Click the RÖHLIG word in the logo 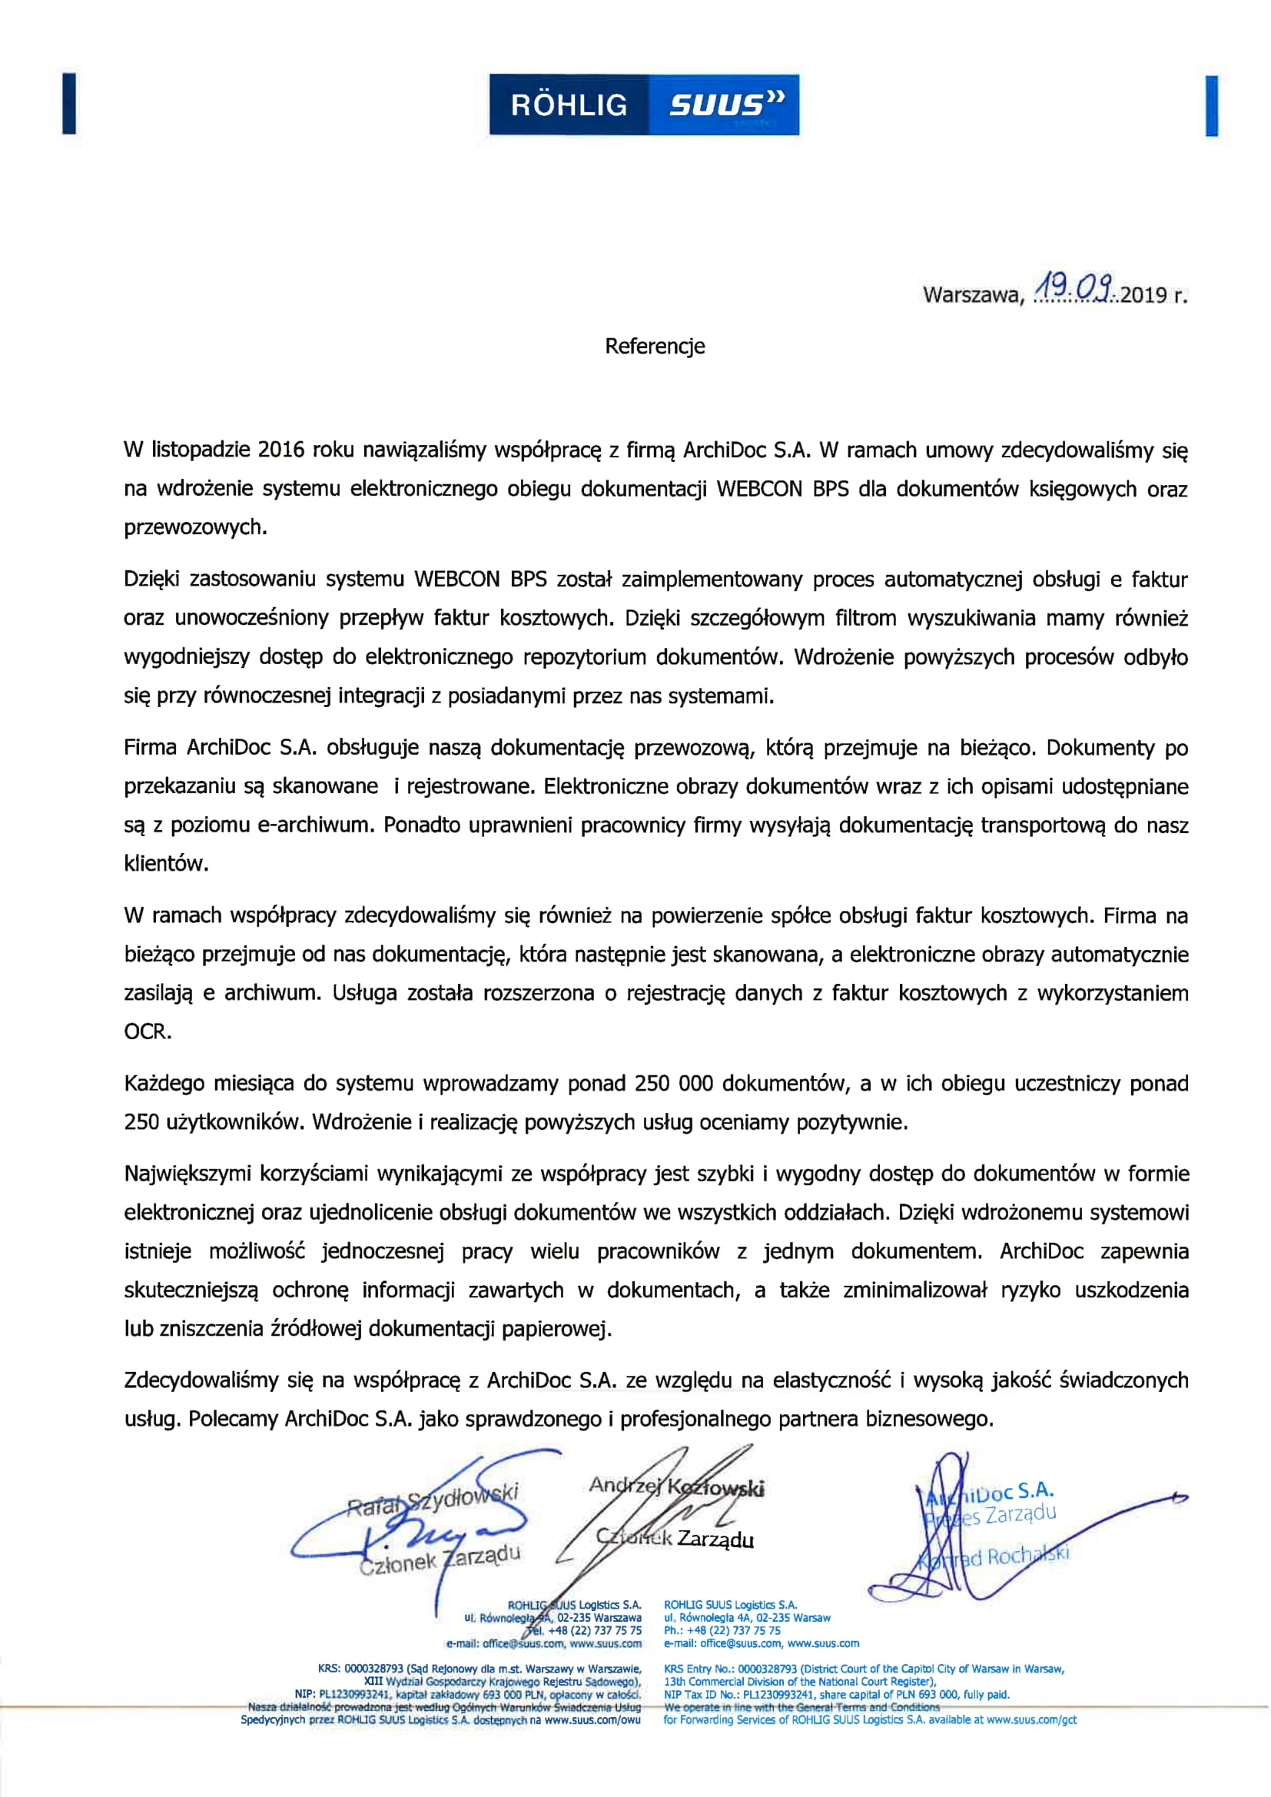click(569, 105)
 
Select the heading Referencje click(654, 347)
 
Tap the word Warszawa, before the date click(973, 295)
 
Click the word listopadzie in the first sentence click(200, 450)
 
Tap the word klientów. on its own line click(165, 864)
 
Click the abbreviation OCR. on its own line click(147, 1031)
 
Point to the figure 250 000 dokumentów click(674, 1084)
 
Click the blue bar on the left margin click(69, 103)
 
